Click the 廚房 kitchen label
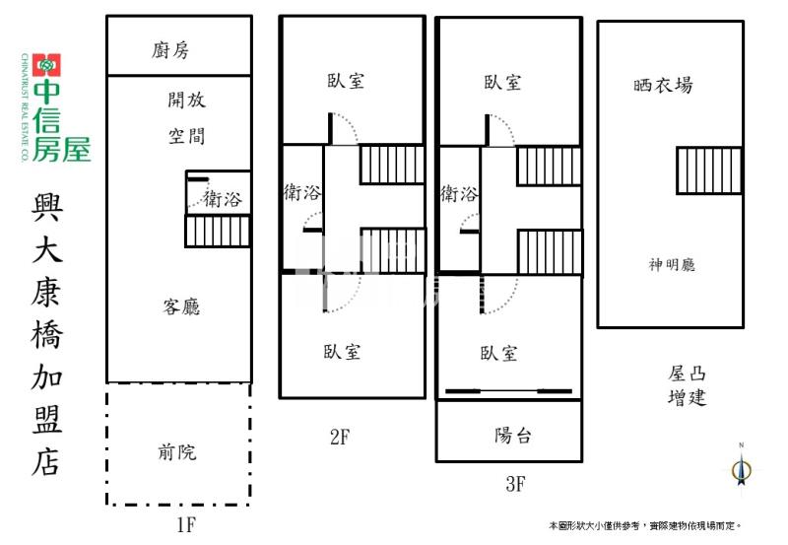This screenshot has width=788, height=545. (178, 49)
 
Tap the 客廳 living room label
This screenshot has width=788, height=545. (181, 307)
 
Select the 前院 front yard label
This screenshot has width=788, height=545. (177, 452)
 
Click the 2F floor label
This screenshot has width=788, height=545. (339, 438)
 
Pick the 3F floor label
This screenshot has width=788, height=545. (514, 484)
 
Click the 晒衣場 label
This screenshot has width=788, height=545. (663, 85)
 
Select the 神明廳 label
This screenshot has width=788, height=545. (673, 264)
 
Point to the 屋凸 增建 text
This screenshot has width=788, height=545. (687, 385)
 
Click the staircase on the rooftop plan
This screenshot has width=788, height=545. (708, 170)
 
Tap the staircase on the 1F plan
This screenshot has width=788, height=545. (217, 232)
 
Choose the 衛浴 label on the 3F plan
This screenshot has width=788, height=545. (459, 193)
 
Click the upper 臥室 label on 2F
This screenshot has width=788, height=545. (346, 81)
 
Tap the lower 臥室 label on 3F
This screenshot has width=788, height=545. (499, 353)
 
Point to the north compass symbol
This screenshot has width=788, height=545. (742, 469)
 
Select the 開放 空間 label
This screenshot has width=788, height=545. (187, 117)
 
